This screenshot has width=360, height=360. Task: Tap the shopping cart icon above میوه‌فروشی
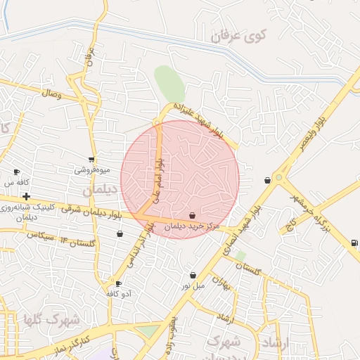(91, 160)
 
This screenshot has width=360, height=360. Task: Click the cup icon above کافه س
(17, 172)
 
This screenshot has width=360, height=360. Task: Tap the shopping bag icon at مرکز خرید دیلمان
(192, 215)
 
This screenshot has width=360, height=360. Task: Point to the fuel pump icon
(353, 243)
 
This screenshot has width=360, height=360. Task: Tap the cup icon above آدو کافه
(118, 283)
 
